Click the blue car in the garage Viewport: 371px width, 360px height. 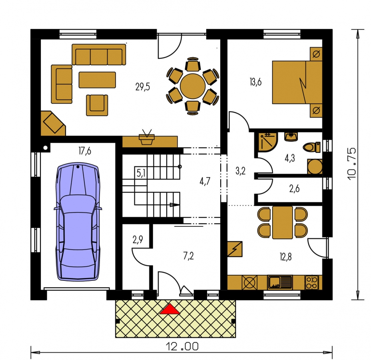point(78,222)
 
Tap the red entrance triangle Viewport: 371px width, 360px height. point(170,309)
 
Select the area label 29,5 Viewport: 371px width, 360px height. point(143,87)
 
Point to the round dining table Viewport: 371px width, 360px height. point(193,86)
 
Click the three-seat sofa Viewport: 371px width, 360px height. point(99,54)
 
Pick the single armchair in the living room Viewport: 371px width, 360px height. point(97,105)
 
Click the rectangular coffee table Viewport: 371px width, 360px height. point(97,80)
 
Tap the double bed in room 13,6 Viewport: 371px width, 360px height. point(297,82)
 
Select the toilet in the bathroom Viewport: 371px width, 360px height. point(311,147)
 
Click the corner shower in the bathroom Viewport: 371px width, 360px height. point(267,142)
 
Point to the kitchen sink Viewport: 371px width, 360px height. point(280,282)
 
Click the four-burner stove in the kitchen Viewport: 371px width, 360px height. point(311,282)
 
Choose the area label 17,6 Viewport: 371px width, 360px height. point(85,151)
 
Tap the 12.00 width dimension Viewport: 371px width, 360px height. point(182,346)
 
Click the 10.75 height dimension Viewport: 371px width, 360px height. point(352,164)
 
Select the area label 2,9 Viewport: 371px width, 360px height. point(138,240)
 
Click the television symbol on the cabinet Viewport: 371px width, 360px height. point(147,137)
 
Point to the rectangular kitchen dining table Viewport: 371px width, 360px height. point(283,222)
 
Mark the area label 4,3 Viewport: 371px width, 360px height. point(289,158)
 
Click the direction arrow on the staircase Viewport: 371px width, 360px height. point(175,205)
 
